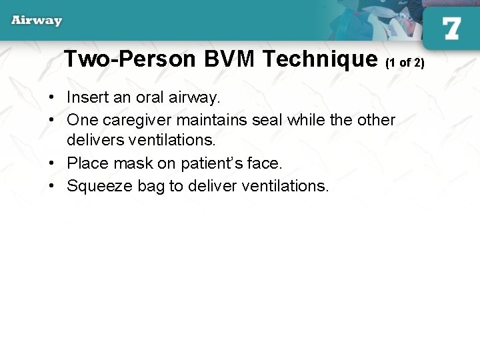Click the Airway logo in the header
(x=37, y=21)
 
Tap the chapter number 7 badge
(x=451, y=28)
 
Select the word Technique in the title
(x=320, y=59)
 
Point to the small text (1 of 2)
(x=405, y=62)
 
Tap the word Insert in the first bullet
(x=88, y=97)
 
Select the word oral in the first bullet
(x=151, y=97)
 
